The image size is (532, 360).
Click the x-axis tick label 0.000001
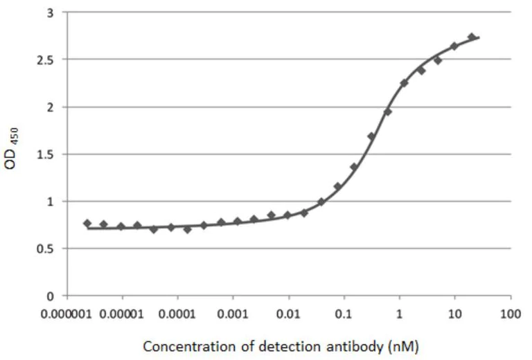(x=67, y=313)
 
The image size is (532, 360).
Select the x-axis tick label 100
(x=511, y=313)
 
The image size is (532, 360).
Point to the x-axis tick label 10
(x=455, y=313)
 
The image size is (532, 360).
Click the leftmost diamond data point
(x=87, y=223)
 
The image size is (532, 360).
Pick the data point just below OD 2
(x=388, y=111)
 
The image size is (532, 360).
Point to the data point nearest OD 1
(x=321, y=202)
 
